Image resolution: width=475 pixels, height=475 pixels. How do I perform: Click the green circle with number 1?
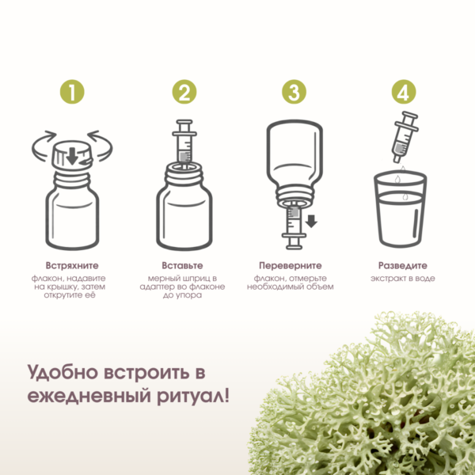pos(72,92)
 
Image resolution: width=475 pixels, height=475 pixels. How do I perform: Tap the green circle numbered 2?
pos(184,92)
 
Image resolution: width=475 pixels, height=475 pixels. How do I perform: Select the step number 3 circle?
pos(294,92)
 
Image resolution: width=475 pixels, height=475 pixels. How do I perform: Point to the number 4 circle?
pos(404,92)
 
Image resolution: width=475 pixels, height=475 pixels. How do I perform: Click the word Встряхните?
pos(72,266)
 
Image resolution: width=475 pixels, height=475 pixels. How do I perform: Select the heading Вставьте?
pos(182,266)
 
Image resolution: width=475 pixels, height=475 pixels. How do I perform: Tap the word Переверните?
pos(291,266)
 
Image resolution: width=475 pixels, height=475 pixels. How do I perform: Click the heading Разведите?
pos(403,266)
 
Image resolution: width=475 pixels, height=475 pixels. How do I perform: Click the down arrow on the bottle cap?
pos(72,156)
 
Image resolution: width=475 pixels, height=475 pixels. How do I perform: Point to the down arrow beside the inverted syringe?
pos(311,221)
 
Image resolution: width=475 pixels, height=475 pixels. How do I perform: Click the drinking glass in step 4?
pos(400,209)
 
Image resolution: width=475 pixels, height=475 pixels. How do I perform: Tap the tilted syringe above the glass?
pos(405,137)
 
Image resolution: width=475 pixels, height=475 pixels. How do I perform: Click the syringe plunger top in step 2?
pos(184,122)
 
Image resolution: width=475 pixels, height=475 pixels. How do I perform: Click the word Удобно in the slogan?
pos(63,372)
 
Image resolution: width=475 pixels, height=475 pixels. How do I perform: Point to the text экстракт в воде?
pos(403,279)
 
